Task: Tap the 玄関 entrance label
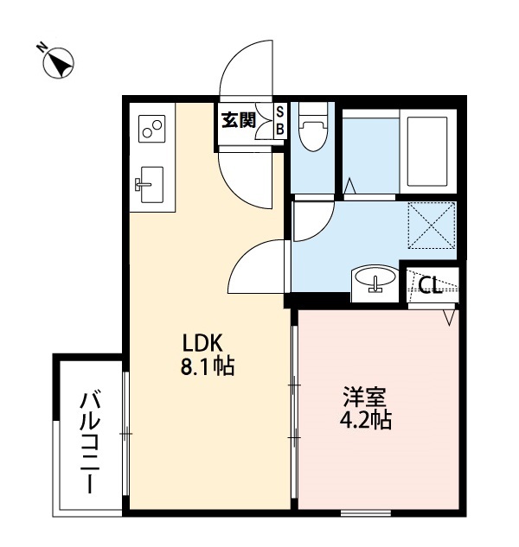click(x=238, y=120)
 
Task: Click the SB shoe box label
click(x=279, y=120)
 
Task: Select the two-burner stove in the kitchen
click(x=152, y=128)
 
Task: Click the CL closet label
click(x=431, y=283)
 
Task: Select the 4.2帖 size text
click(x=366, y=422)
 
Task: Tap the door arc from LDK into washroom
click(x=259, y=268)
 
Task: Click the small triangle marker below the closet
click(x=449, y=318)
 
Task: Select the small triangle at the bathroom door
click(x=349, y=186)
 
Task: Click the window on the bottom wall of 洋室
click(x=366, y=513)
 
